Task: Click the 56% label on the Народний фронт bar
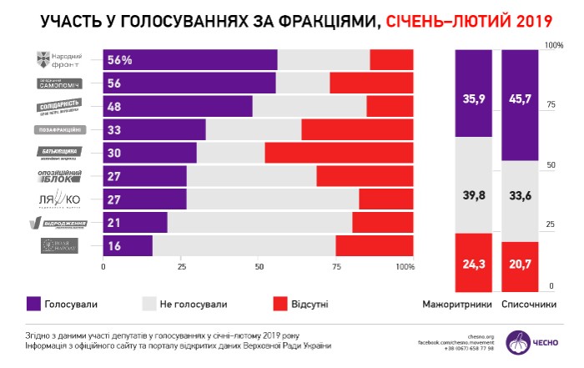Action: (x=120, y=60)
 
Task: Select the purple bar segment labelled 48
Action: (x=177, y=106)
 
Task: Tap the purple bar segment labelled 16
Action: (x=128, y=245)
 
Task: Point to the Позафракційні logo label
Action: (x=58, y=130)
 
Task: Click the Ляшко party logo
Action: (x=58, y=199)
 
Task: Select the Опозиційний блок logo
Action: (x=58, y=176)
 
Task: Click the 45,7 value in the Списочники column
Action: (x=519, y=98)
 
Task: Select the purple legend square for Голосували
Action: (x=34, y=305)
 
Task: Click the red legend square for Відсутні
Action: (x=279, y=305)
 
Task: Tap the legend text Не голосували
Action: (x=195, y=305)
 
